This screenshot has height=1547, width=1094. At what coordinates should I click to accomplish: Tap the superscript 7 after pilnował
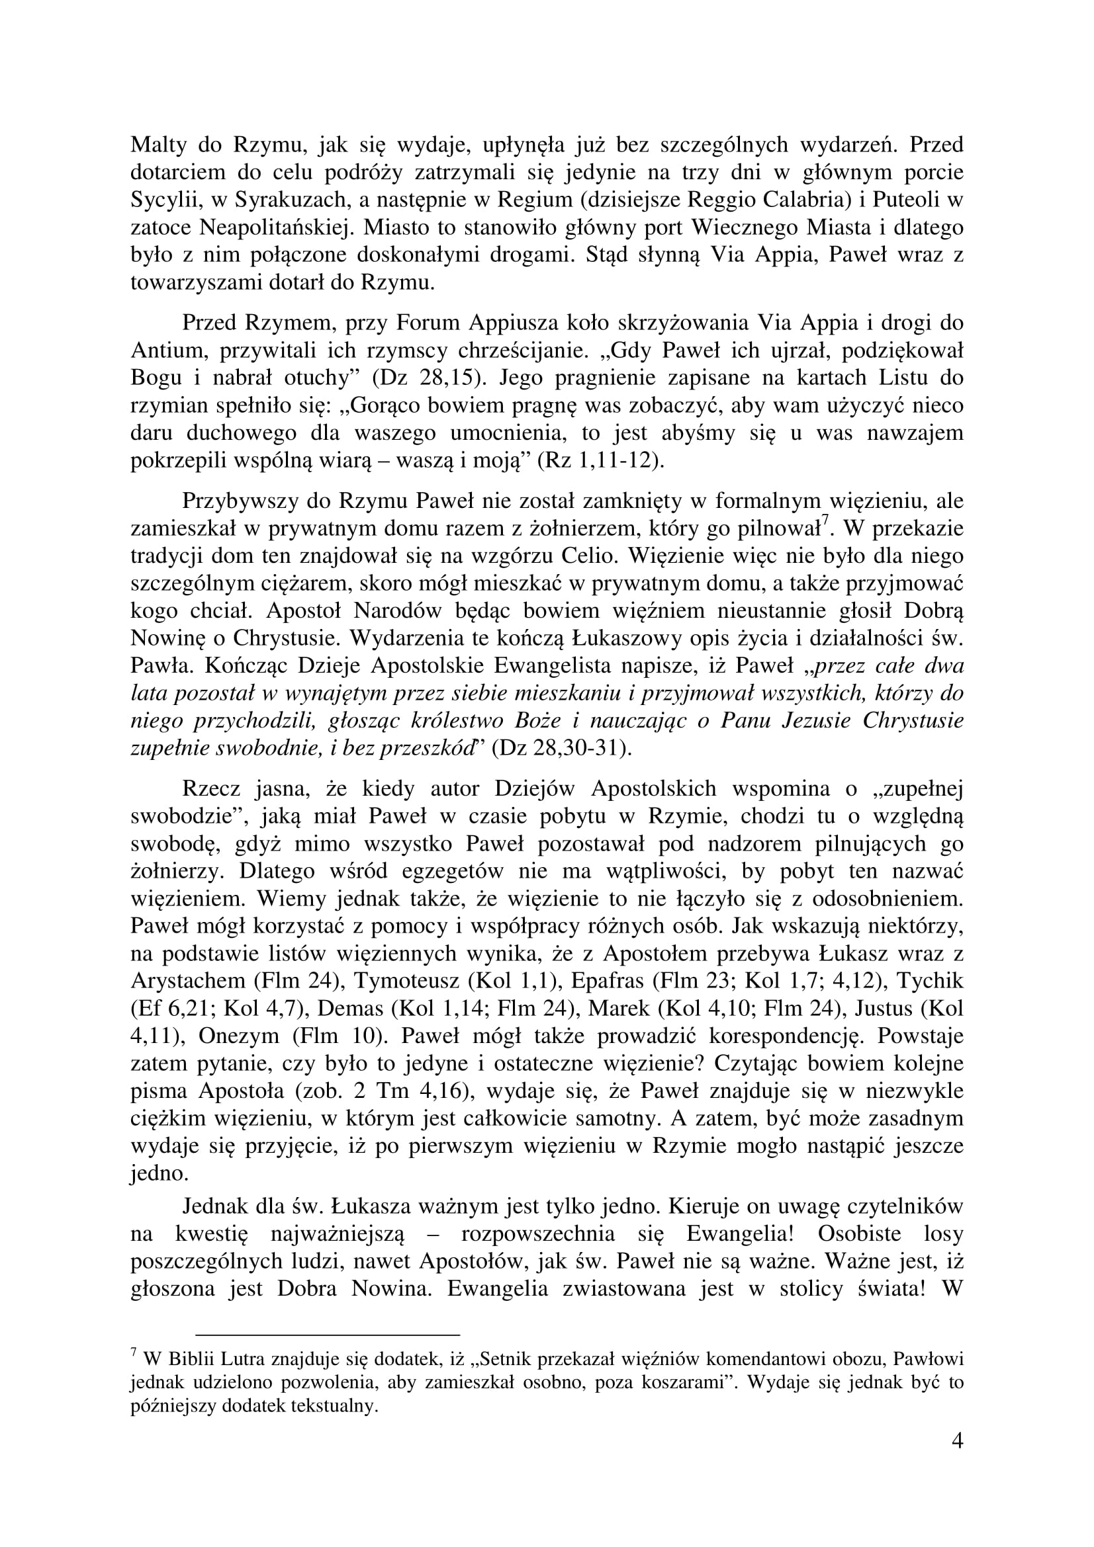pyautogui.click(x=824, y=520)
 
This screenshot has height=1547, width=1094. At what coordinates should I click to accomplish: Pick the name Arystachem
pyautogui.click(x=188, y=982)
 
